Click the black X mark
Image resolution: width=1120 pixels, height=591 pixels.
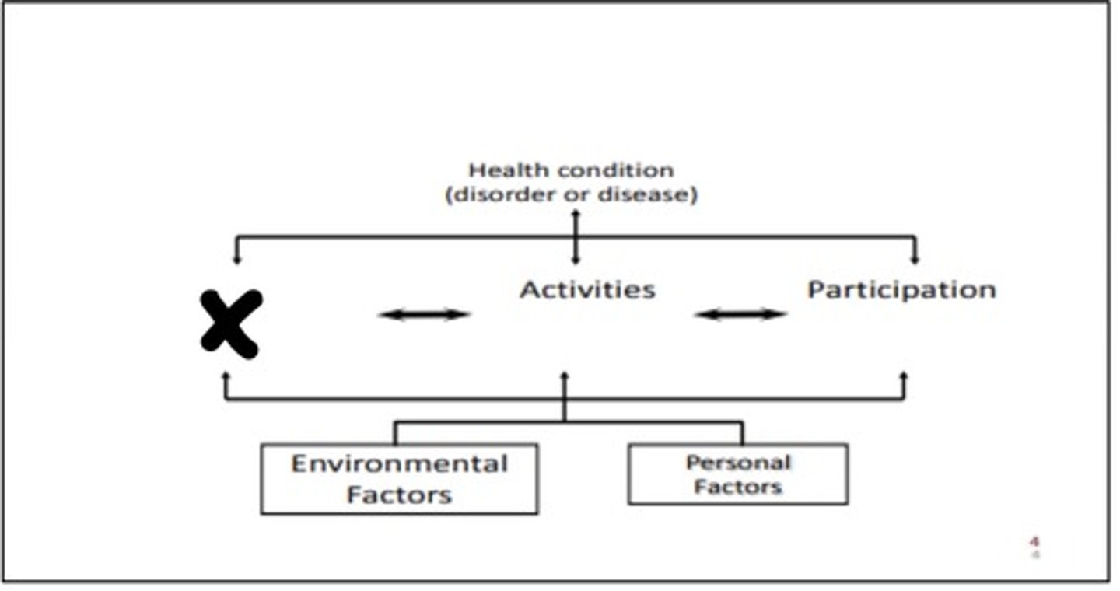[231, 324]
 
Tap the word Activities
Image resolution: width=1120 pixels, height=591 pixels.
[587, 289]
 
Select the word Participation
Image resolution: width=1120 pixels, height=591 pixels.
[902, 290]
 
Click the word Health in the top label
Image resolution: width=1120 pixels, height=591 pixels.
[508, 170]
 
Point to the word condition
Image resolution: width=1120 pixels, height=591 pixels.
[616, 170]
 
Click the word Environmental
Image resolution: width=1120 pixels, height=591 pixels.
[400, 464]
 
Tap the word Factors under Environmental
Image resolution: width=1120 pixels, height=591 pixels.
[399, 495]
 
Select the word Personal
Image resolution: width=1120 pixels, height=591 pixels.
[739, 463]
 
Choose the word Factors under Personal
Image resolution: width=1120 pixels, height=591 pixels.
[738, 487]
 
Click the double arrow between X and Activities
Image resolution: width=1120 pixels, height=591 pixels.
[424, 314]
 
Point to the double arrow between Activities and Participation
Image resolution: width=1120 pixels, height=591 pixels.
[740, 314]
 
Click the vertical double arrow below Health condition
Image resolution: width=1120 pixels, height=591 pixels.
[576, 236]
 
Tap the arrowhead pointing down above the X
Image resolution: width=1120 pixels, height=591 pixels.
[237, 260]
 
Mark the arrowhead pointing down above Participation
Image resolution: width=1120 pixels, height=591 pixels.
[915, 260]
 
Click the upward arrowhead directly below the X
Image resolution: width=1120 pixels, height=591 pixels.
[226, 376]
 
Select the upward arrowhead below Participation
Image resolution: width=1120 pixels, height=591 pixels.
[904, 376]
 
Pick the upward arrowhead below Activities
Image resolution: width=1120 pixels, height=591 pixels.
[565, 376]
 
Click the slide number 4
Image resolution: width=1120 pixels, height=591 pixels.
[1035, 541]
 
